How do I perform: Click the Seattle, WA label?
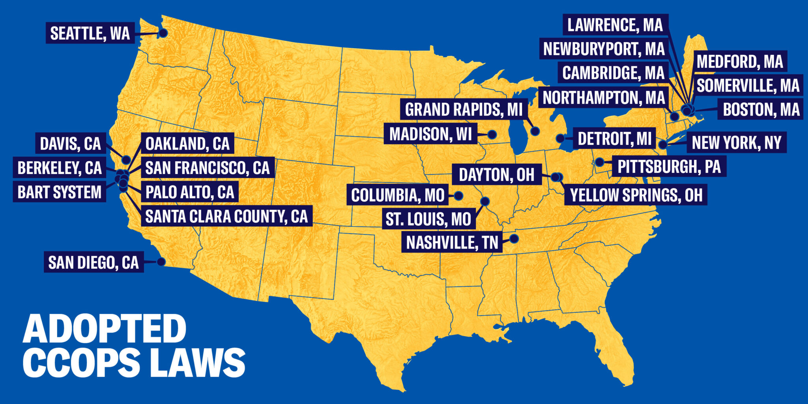[90, 33]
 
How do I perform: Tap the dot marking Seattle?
[163, 33]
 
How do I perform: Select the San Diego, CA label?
[94, 262]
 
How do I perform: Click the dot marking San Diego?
[161, 261]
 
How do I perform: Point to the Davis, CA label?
[71, 144]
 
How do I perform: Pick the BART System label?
[59, 192]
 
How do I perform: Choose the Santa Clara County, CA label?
[226, 216]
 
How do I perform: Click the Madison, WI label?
[430, 134]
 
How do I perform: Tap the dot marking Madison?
[492, 135]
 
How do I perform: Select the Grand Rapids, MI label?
[464, 110]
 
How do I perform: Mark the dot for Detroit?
[560, 138]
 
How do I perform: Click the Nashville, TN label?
[452, 242]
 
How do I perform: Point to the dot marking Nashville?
[514, 238]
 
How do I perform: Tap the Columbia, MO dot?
[458, 195]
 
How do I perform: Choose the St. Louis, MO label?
[428, 219]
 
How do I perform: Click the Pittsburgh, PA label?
[669, 166]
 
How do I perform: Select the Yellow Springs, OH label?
[636, 195]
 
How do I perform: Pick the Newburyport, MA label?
[604, 49]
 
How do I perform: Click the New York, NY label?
[737, 142]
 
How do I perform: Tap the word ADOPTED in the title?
[105, 329]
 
